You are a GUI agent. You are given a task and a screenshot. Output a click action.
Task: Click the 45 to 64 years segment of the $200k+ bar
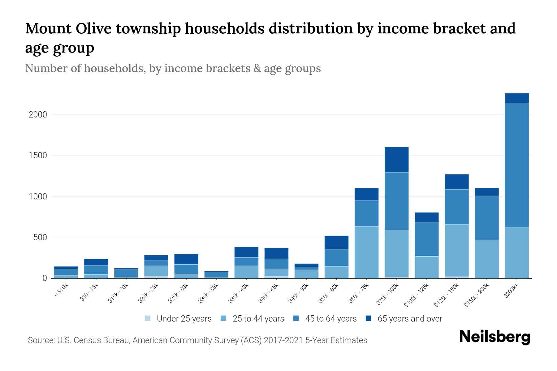point(517,165)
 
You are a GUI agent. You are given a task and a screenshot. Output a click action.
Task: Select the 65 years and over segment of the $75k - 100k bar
point(396,160)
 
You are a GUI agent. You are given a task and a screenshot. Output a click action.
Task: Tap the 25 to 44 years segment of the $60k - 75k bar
point(366,252)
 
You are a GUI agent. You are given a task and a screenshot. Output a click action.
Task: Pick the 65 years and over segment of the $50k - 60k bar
point(336,242)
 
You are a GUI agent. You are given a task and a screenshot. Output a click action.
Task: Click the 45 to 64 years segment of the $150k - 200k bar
point(487,218)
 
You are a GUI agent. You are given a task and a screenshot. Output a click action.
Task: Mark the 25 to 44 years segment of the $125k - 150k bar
point(457,250)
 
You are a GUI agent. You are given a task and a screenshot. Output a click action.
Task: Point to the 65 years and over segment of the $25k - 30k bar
point(186,259)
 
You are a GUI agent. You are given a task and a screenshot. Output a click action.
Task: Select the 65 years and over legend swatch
point(368,318)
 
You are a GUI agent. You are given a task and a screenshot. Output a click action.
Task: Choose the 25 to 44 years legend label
point(258,319)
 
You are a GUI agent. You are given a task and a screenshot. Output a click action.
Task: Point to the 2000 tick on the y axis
point(38,115)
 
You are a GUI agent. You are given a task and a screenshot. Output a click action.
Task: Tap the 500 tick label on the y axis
point(40,237)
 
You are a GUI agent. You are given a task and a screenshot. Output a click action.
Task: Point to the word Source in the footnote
point(40,340)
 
